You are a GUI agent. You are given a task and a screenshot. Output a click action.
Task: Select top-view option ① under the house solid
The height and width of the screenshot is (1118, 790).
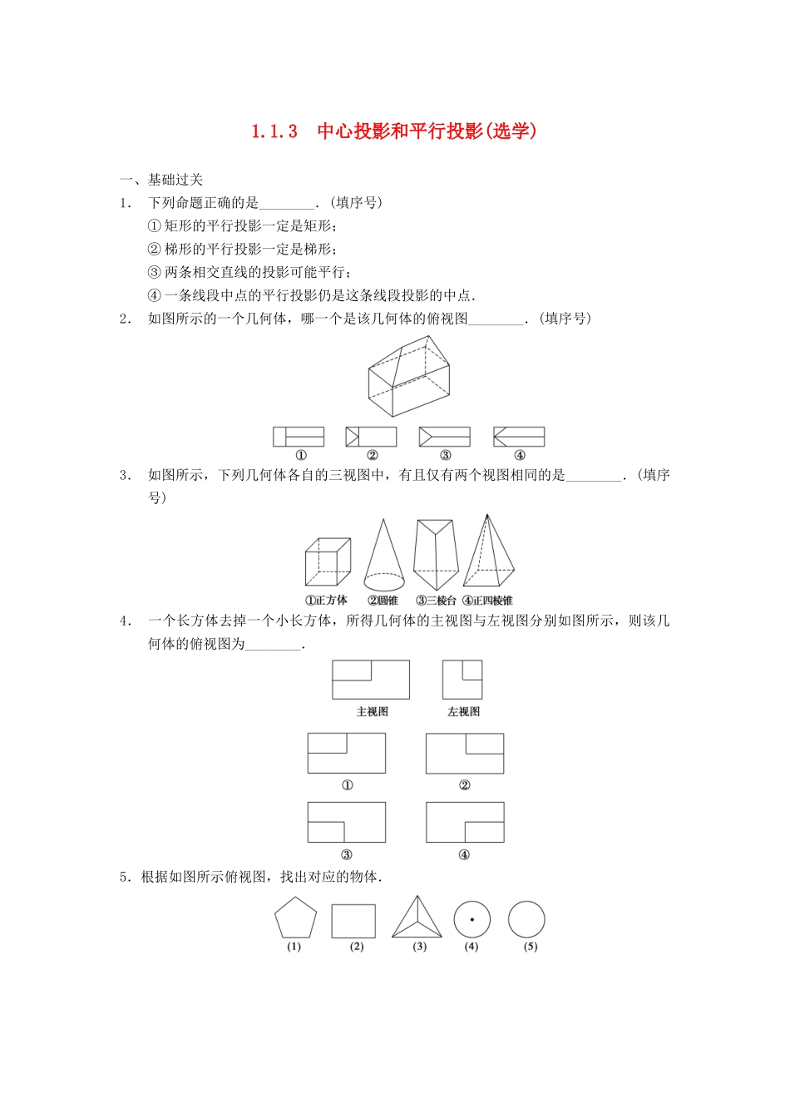299,437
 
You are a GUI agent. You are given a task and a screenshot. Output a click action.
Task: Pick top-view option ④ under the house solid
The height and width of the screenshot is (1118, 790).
519,437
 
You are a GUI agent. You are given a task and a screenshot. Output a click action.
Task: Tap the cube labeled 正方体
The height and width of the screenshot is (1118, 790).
327,562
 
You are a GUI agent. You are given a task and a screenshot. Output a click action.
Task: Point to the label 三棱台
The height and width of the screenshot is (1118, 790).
437,601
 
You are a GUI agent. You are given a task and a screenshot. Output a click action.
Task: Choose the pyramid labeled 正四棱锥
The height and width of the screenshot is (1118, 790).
488,553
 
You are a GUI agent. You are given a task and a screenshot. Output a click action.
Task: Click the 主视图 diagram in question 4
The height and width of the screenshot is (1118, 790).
371,680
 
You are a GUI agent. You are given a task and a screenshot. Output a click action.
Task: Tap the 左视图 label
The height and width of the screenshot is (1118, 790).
463,712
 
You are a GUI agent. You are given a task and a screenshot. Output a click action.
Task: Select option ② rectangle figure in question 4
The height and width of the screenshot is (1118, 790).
465,754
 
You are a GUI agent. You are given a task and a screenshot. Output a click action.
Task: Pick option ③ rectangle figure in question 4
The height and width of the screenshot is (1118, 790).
347,822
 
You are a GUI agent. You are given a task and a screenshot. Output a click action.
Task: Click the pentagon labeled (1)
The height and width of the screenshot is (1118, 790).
295,918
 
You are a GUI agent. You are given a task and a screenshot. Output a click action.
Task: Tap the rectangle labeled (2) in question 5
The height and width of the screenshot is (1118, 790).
353,921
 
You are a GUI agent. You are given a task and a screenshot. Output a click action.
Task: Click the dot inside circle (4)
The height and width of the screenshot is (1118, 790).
472,920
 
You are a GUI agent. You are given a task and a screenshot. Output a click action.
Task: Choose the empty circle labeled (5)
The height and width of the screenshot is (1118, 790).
526,920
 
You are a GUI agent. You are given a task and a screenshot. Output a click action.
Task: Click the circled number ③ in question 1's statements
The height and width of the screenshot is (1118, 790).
154,272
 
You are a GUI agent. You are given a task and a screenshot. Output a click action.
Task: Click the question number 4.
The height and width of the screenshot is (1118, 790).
125,621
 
